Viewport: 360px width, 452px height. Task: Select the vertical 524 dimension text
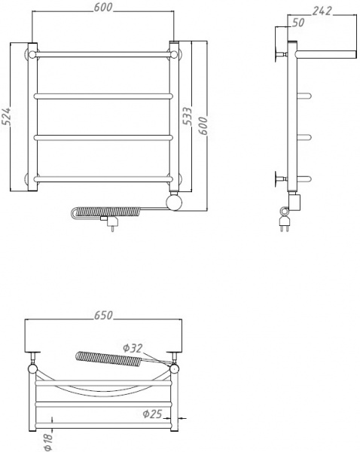pyautogui.click(x=8, y=118)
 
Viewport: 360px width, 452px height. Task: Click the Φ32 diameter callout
pyautogui.click(x=133, y=347)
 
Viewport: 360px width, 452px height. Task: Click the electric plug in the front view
pyautogui.click(x=111, y=224)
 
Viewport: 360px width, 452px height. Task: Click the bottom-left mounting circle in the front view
pyautogui.click(x=33, y=179)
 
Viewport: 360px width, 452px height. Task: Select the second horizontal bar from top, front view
pyautogui.click(x=105, y=96)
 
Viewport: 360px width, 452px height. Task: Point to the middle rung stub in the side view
pyautogui.click(x=305, y=136)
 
